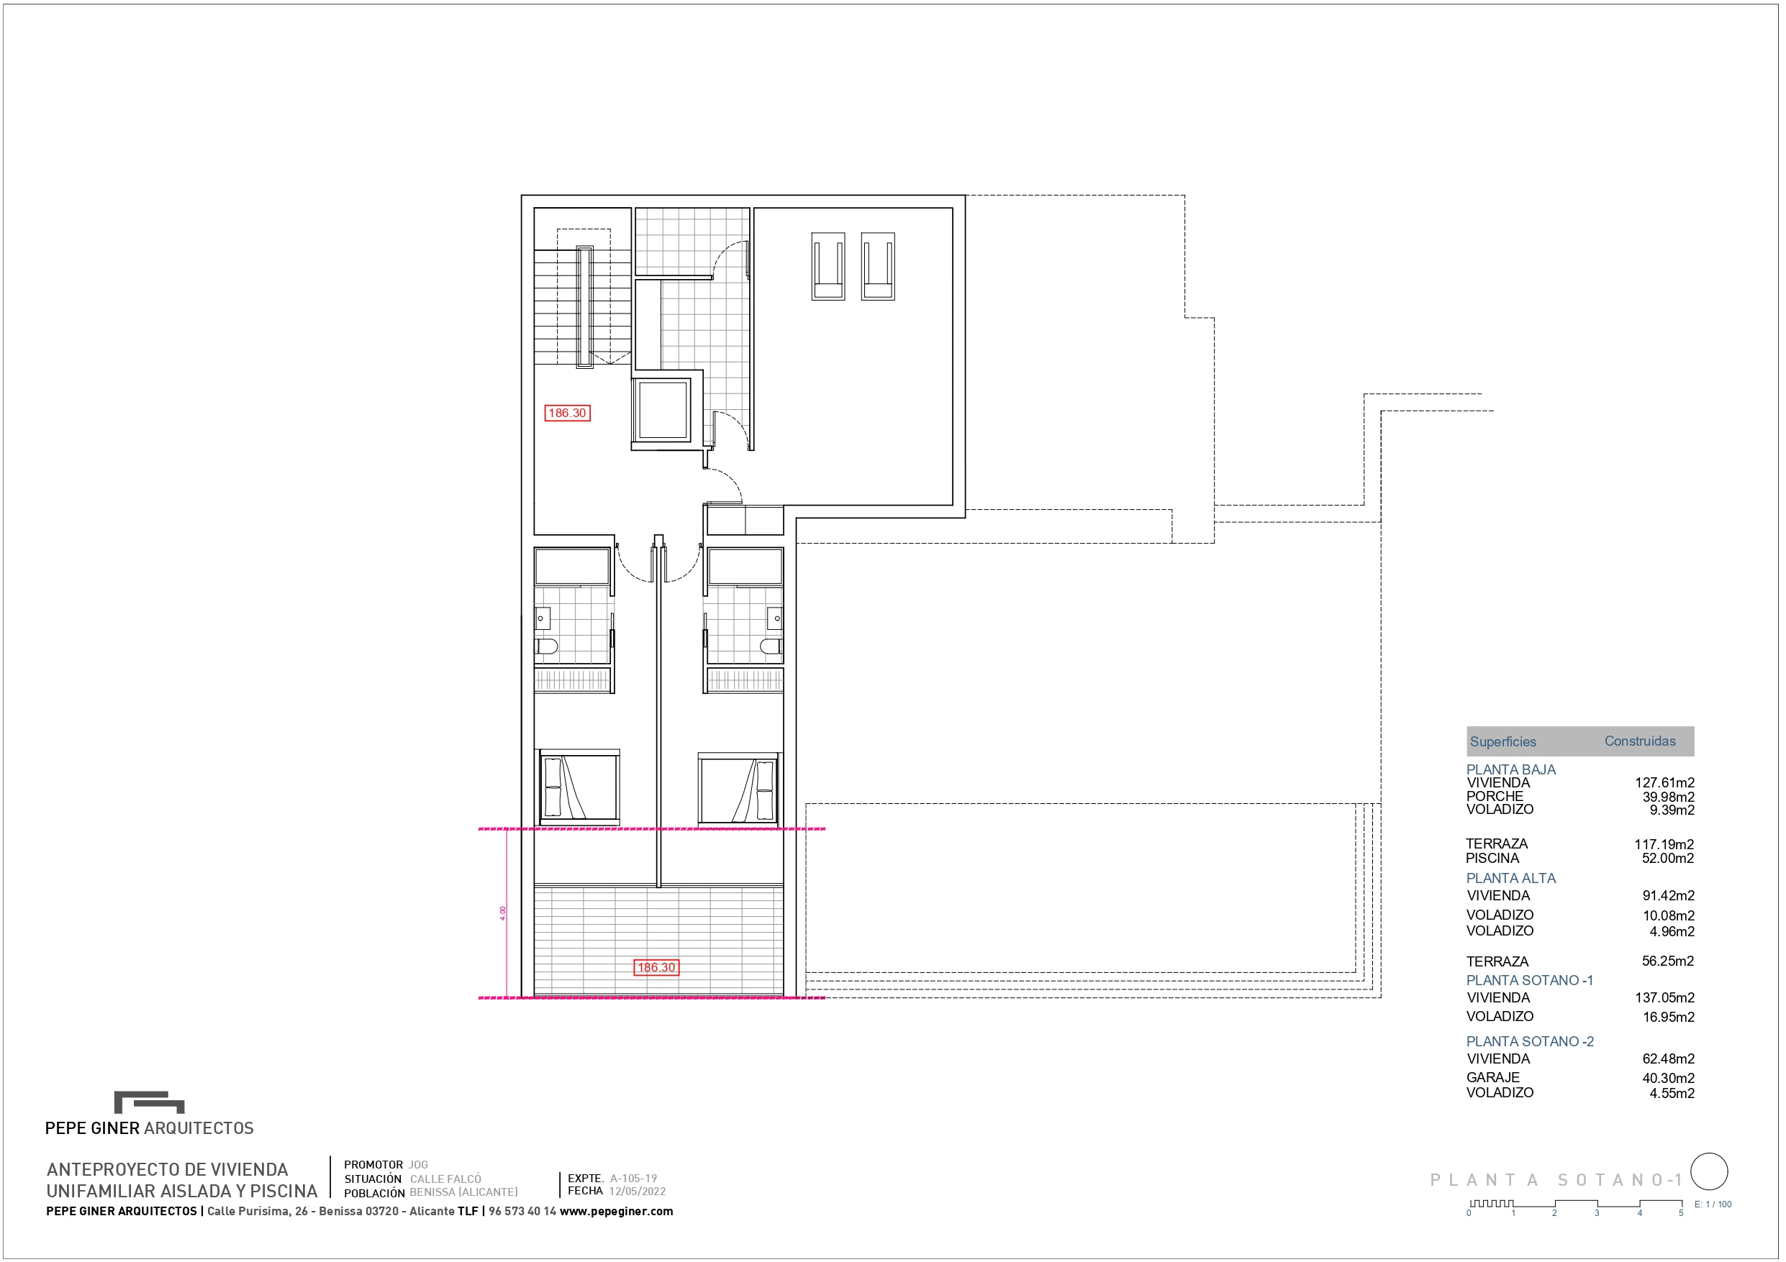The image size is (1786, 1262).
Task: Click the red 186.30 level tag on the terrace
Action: [x=656, y=967]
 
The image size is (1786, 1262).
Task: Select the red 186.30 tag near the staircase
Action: [x=567, y=413]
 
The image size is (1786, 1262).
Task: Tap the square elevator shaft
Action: [x=662, y=410]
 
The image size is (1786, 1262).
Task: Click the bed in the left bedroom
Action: [x=579, y=787]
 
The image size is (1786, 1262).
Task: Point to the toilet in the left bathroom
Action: [x=547, y=646]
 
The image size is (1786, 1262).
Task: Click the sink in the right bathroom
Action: [x=775, y=618]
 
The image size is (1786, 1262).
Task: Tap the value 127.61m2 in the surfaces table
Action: [x=1664, y=783]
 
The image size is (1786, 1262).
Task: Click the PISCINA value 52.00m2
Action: [x=1668, y=859]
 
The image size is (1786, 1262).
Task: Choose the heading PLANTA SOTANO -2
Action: [x=1529, y=1041]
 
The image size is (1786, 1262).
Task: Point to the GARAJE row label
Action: [x=1492, y=1078]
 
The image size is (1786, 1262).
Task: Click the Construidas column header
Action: [x=1640, y=741]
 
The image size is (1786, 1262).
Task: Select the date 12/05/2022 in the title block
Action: [x=637, y=1192]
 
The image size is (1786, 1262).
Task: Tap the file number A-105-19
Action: [x=633, y=1178]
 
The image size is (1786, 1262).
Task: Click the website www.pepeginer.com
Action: [x=616, y=1211]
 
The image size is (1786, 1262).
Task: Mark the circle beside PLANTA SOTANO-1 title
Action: [x=1709, y=1172]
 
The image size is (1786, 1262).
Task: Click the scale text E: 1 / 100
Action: [x=1713, y=1204]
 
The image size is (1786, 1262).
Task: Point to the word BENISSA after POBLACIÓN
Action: [x=432, y=1192]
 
